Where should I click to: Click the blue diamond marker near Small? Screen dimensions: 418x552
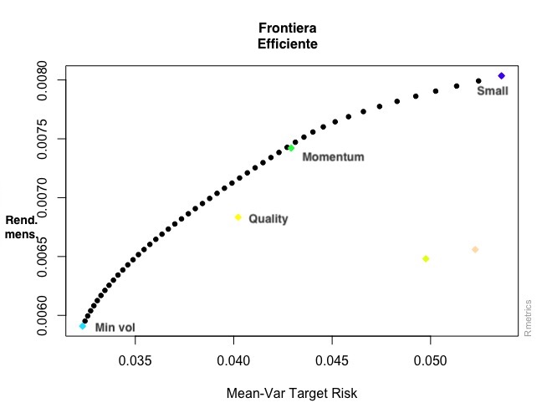[501, 76]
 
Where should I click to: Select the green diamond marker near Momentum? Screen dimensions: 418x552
[291, 148]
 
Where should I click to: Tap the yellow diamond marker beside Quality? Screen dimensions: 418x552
[238, 217]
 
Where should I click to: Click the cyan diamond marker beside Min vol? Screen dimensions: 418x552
[82, 326]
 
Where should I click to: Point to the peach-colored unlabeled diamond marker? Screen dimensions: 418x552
[475, 249]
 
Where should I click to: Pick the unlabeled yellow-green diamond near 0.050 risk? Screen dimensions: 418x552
[426, 258]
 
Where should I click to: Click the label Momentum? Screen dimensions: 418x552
[333, 157]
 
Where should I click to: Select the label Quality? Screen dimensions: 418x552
[268, 219]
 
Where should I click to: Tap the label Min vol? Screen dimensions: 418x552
[115, 328]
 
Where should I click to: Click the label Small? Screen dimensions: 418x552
[492, 90]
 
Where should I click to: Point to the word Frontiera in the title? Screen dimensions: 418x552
[289, 28]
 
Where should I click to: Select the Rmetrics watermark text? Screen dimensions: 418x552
[528, 319]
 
